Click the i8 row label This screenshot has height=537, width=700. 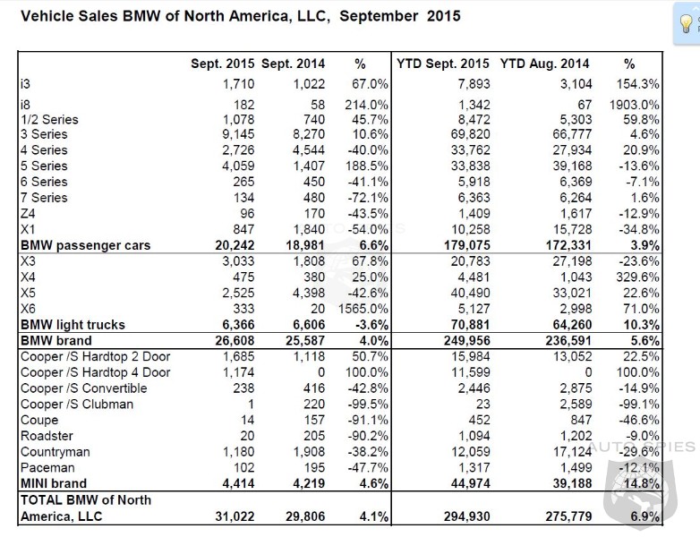tap(26, 105)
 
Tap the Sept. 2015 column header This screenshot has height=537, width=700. tap(222, 64)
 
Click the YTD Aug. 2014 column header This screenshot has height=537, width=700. tap(544, 64)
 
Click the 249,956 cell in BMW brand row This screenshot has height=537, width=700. tap(465, 341)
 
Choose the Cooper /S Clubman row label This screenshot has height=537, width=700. tap(76, 404)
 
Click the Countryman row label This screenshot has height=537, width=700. tap(55, 452)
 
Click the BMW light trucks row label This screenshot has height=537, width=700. tap(73, 325)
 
